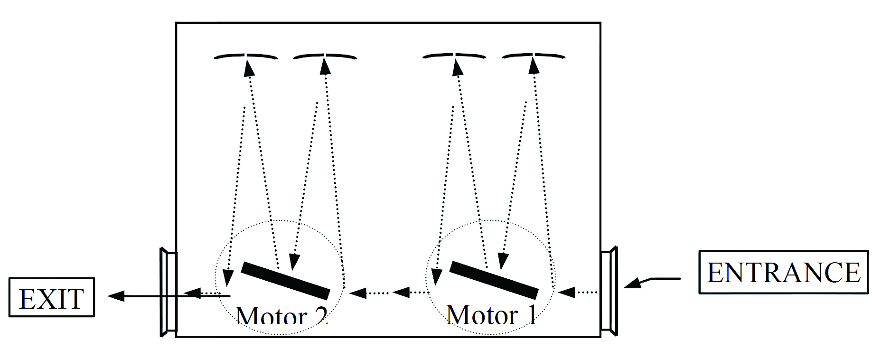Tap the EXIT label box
click(x=51, y=298)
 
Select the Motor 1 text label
click(x=491, y=315)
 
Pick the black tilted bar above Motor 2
click(x=285, y=280)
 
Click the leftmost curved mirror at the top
click(x=245, y=57)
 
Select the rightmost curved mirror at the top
click(x=534, y=56)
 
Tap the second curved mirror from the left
click(x=325, y=57)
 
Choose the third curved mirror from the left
click(x=454, y=56)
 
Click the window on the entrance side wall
click(x=609, y=291)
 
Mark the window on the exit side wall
click(x=169, y=292)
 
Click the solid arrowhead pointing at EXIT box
click(x=117, y=296)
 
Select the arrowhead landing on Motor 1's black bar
click(x=503, y=261)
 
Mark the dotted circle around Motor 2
click(x=280, y=221)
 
